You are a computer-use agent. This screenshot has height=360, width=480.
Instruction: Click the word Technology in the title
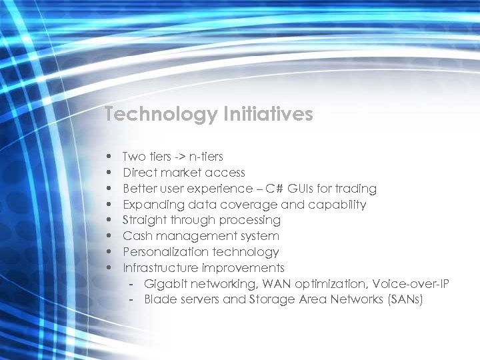pyautogui.click(x=161, y=115)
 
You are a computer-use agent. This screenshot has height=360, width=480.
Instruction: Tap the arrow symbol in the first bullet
pyautogui.click(x=180, y=157)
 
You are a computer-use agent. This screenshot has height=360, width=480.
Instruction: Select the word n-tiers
pyautogui.click(x=207, y=157)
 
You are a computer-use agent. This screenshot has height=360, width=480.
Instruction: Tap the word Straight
pyautogui.click(x=143, y=220)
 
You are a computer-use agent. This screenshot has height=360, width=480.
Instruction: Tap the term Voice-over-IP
pyautogui.click(x=411, y=284)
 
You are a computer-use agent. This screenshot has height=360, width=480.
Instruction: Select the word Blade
pyautogui.click(x=159, y=300)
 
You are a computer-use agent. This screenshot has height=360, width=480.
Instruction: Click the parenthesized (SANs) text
pyautogui.click(x=405, y=300)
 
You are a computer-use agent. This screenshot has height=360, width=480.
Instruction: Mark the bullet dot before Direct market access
pyautogui.click(x=108, y=173)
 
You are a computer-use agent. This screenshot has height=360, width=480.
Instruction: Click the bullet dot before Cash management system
pyautogui.click(x=108, y=237)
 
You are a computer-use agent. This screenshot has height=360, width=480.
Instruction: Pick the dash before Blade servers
pyautogui.click(x=132, y=300)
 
